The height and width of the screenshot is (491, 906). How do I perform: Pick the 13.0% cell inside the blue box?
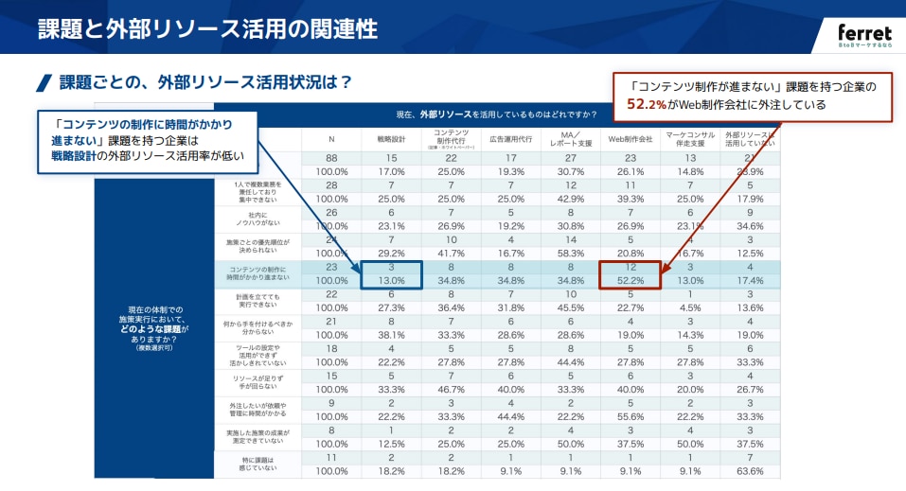coord(391,281)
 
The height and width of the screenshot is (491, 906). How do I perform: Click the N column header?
coord(331,138)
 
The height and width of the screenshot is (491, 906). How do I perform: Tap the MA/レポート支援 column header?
coord(570,139)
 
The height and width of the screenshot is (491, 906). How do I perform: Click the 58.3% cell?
coord(570,254)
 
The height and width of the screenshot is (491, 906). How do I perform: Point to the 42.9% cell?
coord(570,200)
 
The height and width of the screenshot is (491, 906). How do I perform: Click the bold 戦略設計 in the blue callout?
coord(75,155)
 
